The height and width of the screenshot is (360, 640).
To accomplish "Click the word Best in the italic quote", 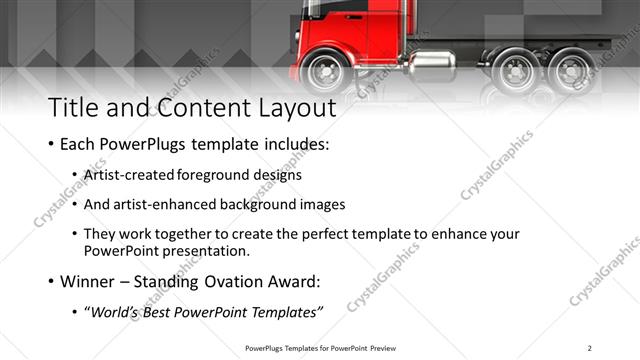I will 157,313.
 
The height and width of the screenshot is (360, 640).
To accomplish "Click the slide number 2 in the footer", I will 589,348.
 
